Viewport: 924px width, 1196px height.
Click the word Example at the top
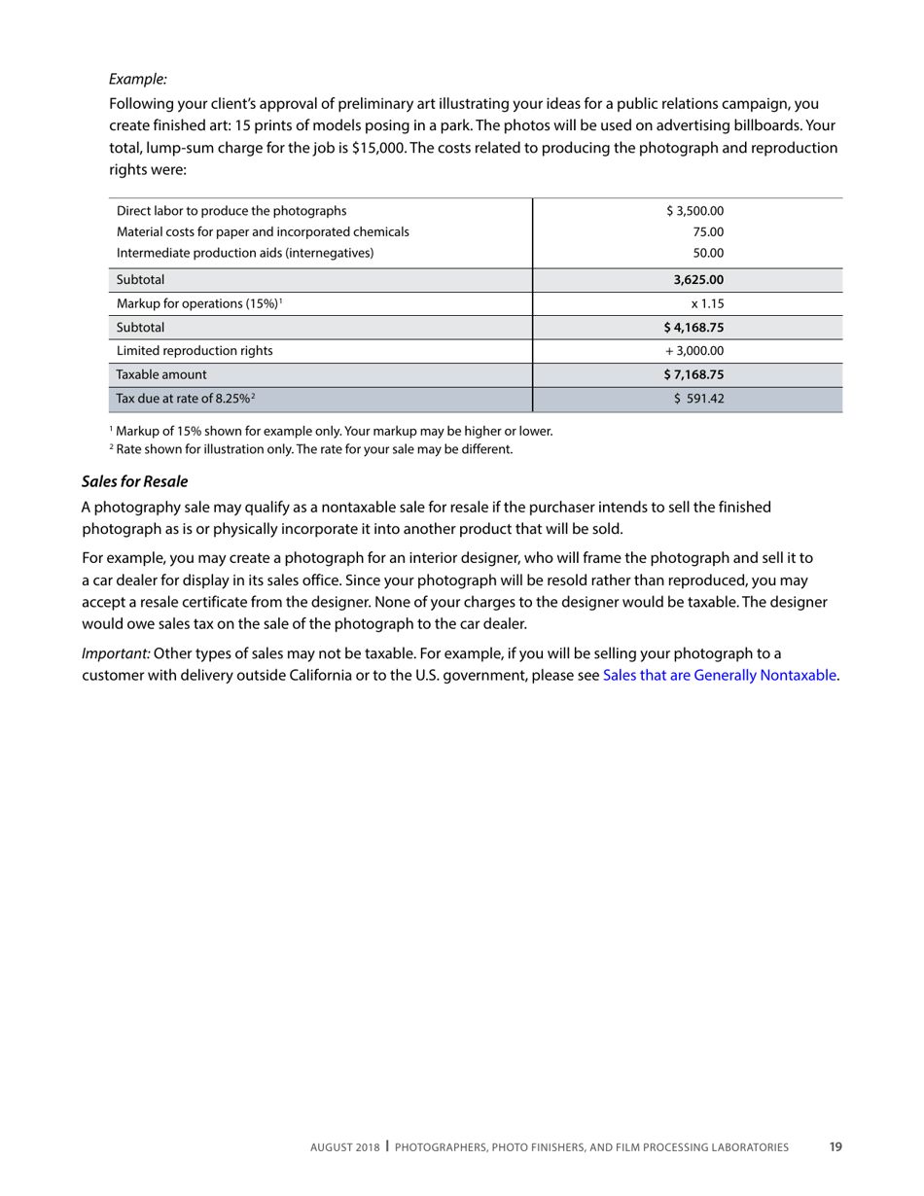pyautogui.click(x=137, y=79)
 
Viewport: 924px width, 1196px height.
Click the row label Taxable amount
pyautogui.click(x=161, y=373)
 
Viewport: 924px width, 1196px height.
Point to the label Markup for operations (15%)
pyautogui.click(x=197, y=303)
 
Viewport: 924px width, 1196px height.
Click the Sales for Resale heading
pyautogui.click(x=134, y=481)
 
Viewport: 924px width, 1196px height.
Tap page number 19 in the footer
pyautogui.click(x=835, y=1146)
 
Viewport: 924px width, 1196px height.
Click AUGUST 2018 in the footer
pyautogui.click(x=345, y=1147)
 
